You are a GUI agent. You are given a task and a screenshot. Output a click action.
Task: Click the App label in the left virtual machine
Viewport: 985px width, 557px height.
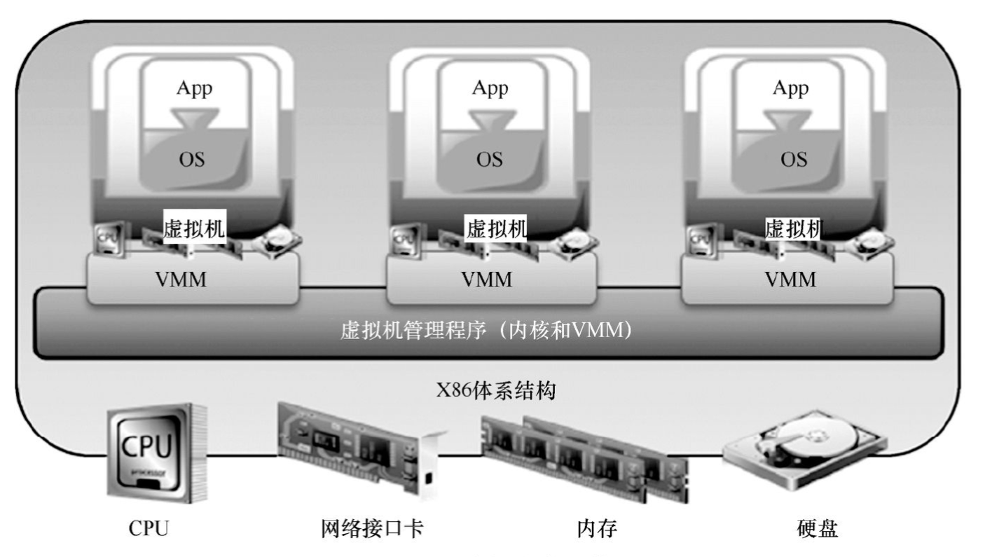pyautogui.click(x=193, y=89)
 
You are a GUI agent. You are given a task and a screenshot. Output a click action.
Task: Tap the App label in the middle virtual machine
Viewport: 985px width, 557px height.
pyautogui.click(x=490, y=89)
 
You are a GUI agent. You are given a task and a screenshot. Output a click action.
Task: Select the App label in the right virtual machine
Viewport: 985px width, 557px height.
pyautogui.click(x=790, y=89)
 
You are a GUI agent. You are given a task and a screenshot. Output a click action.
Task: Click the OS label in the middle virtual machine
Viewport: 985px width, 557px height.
pyautogui.click(x=490, y=159)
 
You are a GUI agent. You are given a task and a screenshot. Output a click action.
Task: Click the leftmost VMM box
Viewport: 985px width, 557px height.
pyautogui.click(x=193, y=281)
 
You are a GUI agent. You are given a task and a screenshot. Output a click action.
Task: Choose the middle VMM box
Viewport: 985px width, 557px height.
pyautogui.click(x=490, y=281)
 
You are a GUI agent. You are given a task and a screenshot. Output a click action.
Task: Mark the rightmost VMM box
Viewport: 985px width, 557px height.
pyautogui.click(x=790, y=281)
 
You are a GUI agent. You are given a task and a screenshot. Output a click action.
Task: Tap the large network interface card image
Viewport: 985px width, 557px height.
pyautogui.click(x=361, y=446)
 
